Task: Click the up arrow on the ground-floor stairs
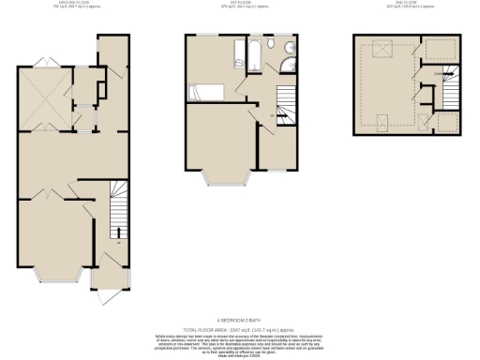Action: coord(118,230)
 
